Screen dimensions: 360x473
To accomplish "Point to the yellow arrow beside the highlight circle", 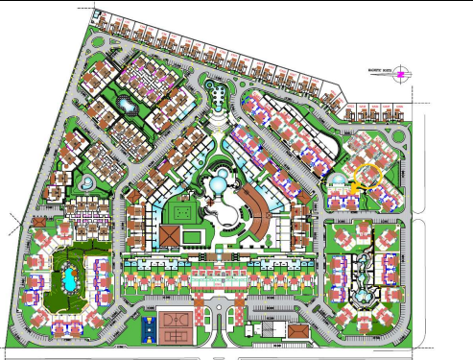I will coord(354,188).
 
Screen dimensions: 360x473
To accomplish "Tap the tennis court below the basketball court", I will coord(176,335).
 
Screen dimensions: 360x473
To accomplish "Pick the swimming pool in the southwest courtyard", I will coord(69,279).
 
